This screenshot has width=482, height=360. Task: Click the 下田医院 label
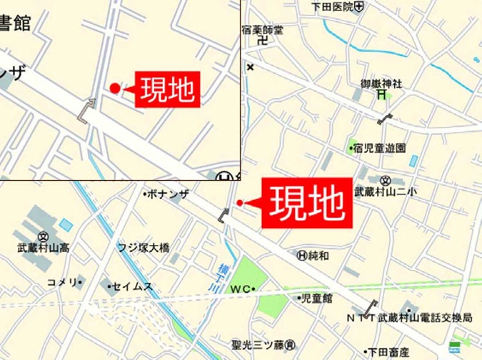333,6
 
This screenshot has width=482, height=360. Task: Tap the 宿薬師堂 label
263,30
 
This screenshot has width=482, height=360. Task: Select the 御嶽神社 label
381,84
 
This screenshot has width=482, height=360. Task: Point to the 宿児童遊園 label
381,149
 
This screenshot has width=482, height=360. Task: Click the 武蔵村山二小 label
386,191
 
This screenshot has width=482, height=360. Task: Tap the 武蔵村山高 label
44,248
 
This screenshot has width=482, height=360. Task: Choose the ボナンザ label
169,194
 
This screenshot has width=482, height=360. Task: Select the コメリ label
62,282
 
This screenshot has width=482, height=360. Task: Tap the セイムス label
133,286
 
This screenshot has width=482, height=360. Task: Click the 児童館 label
318,297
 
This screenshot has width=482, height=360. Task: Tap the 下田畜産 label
388,351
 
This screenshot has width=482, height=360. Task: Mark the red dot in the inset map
115,88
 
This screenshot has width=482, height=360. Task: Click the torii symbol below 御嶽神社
382,94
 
